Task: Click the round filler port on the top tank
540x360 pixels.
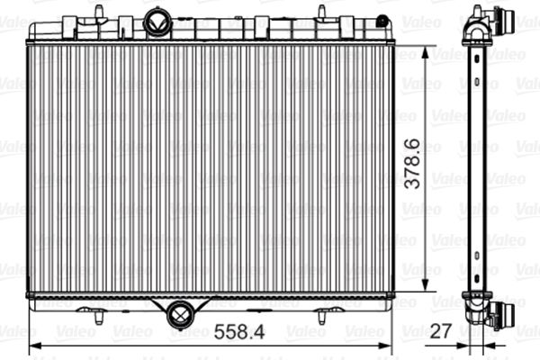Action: (158, 22)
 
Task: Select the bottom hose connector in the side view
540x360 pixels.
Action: (499, 315)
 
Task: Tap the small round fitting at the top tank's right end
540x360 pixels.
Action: (382, 21)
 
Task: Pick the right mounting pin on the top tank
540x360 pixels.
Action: (320, 12)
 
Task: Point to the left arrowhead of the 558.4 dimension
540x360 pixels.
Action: (34, 345)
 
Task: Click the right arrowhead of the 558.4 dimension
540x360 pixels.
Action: (388, 345)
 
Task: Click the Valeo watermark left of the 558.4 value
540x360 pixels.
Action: (76, 331)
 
